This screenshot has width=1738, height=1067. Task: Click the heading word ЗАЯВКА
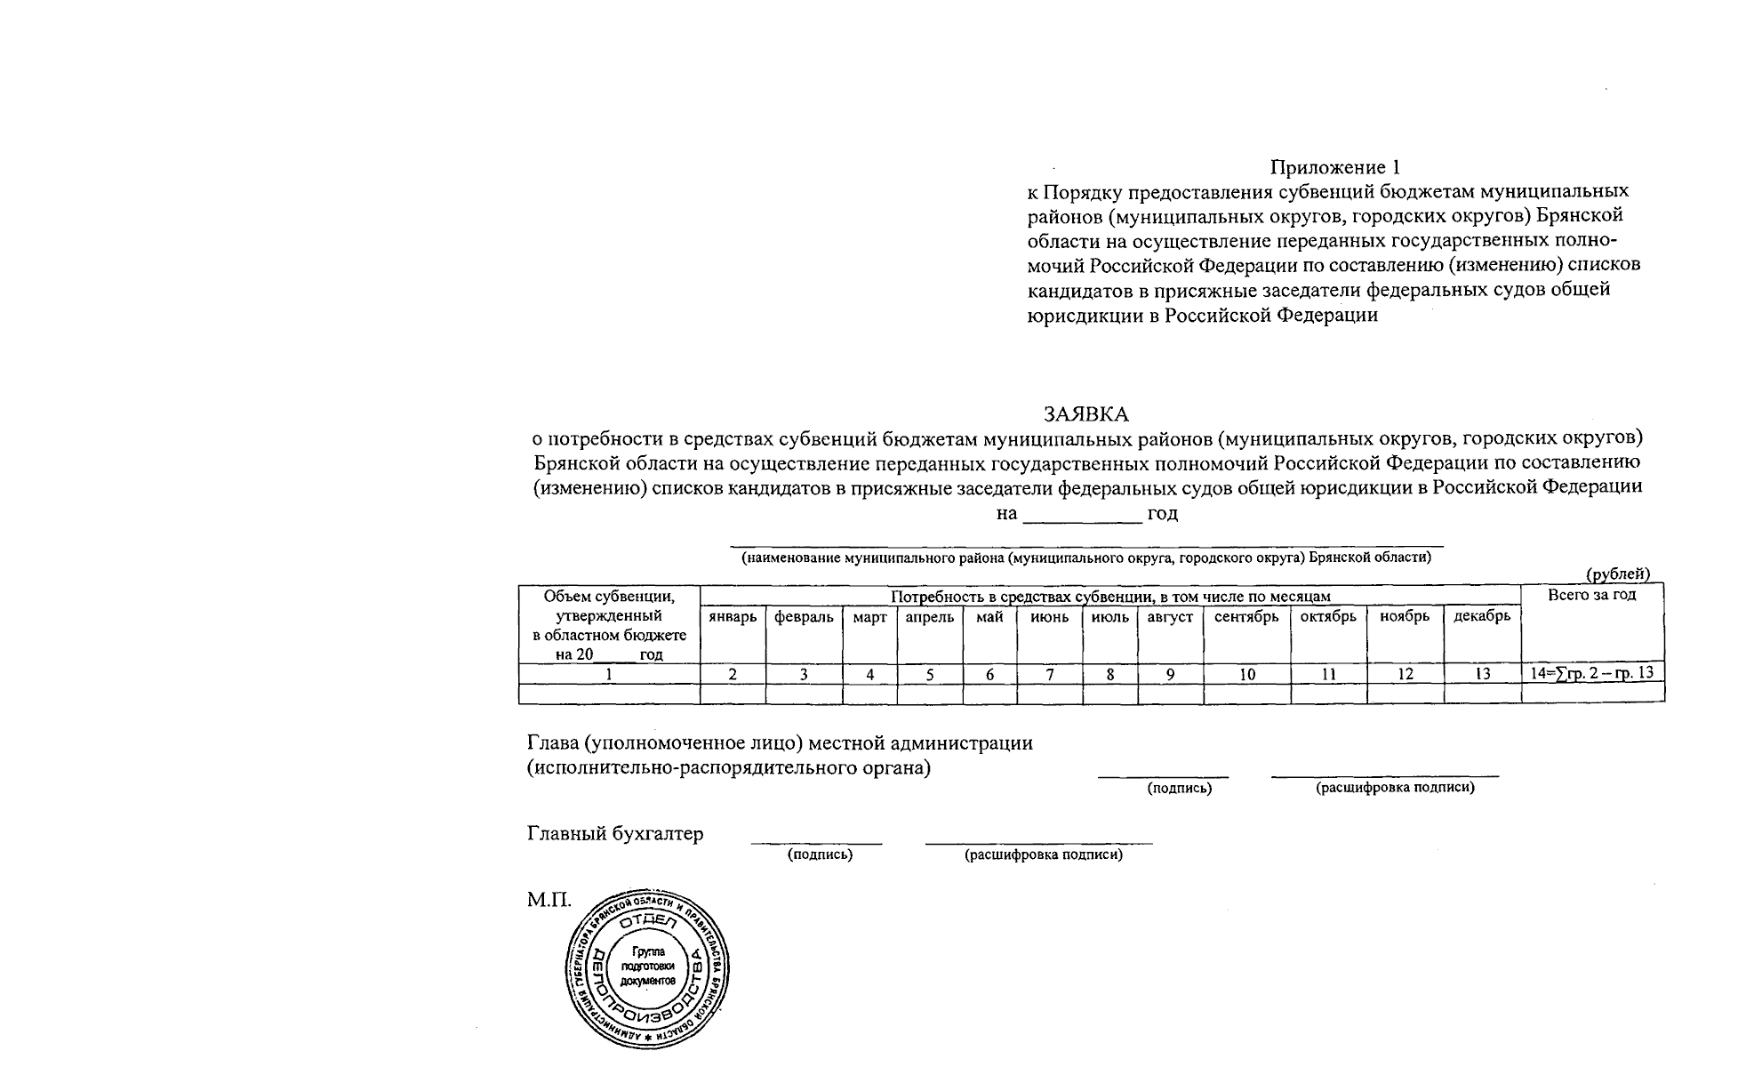[1085, 414]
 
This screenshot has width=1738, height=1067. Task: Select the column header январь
[733, 617]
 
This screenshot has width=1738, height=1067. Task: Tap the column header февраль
[804, 617]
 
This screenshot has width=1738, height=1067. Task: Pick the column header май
[989, 617]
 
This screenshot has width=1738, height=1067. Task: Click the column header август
[1170, 617]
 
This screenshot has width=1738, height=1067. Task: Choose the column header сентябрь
[1246, 617]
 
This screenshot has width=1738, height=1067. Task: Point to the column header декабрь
[1482, 617]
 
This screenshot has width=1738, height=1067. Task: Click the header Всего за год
[1591, 595]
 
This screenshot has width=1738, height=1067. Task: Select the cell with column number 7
[1050, 674]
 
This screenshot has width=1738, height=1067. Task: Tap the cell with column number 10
[1247, 674]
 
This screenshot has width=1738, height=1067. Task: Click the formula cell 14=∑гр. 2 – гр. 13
[1591, 673]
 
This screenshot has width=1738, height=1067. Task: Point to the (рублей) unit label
[1618, 574]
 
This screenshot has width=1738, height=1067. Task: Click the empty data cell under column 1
[609, 694]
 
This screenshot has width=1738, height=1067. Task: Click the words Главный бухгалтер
[615, 834]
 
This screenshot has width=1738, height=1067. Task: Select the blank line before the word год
[1082, 517]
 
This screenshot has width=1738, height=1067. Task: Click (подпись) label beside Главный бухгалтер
[820, 854]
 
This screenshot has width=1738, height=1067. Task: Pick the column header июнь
[1050, 617]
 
